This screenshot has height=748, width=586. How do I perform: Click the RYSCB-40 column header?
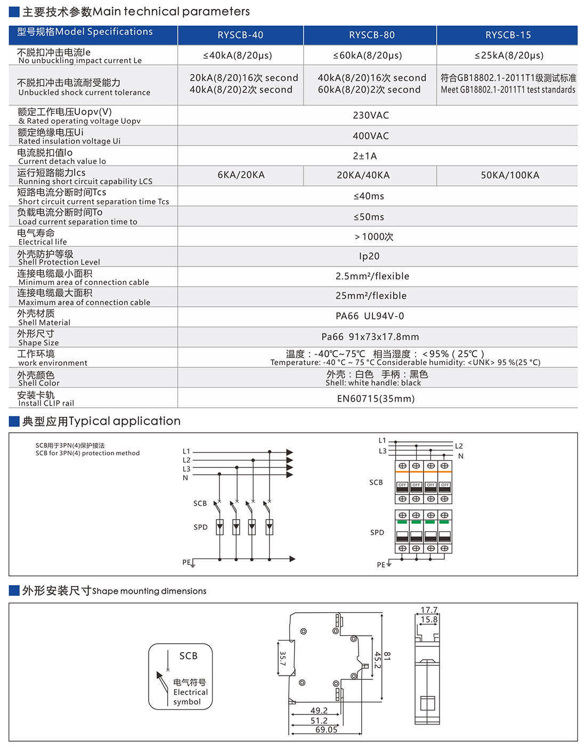(240, 35)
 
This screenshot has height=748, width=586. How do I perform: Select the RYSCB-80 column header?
(372, 35)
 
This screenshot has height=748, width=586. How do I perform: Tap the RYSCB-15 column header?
(508, 35)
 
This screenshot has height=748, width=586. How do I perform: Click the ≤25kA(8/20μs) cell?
(509, 55)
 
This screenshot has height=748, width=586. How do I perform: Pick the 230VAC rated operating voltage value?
(371, 116)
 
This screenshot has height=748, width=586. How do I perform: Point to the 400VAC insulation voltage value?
(371, 136)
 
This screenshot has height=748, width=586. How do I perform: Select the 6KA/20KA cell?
(241, 175)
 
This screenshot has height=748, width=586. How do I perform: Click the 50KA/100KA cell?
(510, 176)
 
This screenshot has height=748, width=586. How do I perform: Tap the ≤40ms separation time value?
(369, 196)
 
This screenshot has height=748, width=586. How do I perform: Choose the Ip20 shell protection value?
(369, 256)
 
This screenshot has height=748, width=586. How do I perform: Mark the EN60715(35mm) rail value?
(376, 399)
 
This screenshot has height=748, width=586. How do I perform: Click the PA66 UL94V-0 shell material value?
(370, 316)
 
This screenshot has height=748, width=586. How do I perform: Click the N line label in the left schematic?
(185, 478)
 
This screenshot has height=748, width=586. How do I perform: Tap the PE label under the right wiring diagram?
(381, 565)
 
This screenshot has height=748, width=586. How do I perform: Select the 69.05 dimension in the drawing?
(326, 730)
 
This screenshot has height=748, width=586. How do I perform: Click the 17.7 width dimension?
(429, 610)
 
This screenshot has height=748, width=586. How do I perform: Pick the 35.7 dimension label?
(282, 659)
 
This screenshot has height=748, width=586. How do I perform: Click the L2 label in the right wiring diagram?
(459, 446)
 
